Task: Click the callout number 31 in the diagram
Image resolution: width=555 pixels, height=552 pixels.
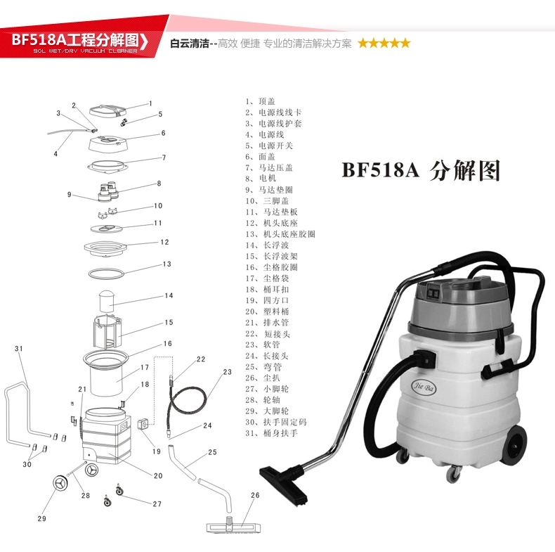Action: pyautogui.click(x=19, y=349)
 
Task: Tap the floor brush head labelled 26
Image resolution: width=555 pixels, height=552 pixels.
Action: pyautogui.click(x=234, y=527)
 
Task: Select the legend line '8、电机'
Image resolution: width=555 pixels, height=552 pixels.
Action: pyautogui.click(x=261, y=179)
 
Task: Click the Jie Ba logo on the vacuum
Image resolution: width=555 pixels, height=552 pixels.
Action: pyautogui.click(x=424, y=387)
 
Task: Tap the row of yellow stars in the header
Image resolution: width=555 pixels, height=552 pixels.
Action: pyautogui.click(x=384, y=43)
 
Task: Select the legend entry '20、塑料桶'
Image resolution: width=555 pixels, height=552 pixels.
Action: pyautogui.click(x=267, y=312)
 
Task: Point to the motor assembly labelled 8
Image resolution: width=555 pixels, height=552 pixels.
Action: pyautogui.click(x=109, y=191)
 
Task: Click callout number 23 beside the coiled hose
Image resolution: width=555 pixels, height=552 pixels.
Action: pyautogui.click(x=227, y=372)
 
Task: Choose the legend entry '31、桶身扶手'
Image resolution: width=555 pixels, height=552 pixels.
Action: pyautogui.click(x=271, y=433)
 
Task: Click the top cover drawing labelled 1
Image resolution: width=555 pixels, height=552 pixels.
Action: pyautogui.click(x=107, y=110)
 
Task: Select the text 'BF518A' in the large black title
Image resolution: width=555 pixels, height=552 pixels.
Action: pyautogui.click(x=381, y=169)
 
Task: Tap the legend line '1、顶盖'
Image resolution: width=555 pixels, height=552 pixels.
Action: pyautogui.click(x=260, y=101)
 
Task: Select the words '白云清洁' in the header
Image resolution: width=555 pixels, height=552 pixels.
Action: pyautogui.click(x=190, y=44)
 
